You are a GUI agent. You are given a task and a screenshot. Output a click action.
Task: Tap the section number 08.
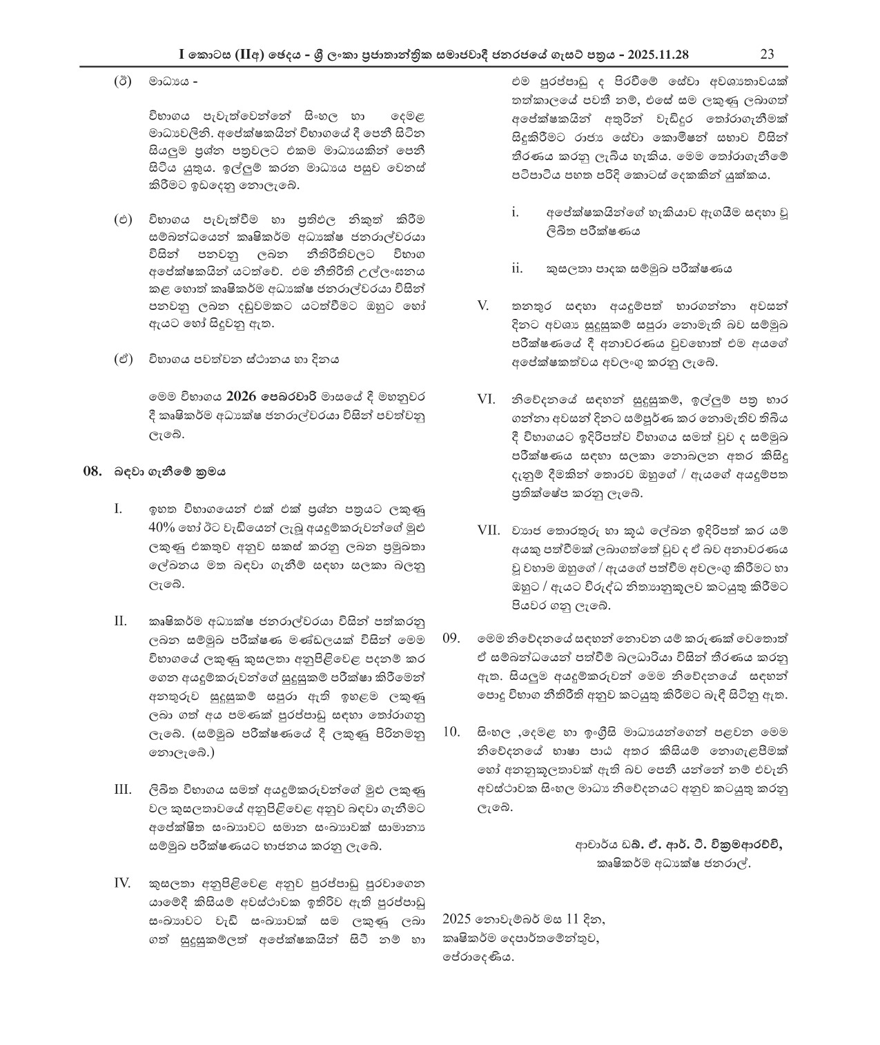(x=92, y=472)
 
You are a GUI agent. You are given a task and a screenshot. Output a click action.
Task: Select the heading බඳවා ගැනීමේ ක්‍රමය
(x=170, y=472)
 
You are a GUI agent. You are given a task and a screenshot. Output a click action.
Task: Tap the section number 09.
(x=451, y=637)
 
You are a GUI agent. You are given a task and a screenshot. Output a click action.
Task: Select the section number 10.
(x=451, y=731)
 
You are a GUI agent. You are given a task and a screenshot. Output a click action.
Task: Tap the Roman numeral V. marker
(x=483, y=305)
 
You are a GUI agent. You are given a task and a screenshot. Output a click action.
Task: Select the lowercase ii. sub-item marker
(x=517, y=268)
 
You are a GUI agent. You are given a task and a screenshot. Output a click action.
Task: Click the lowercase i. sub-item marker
(x=515, y=213)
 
